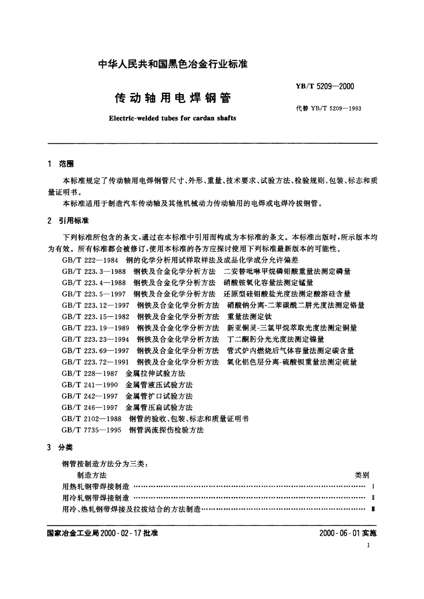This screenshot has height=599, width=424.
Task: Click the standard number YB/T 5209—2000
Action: pyautogui.click(x=325, y=86)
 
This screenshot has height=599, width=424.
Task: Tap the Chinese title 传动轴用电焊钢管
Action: pyautogui.click(x=173, y=98)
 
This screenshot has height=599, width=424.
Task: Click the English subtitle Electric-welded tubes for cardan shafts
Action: pyautogui.click(x=173, y=118)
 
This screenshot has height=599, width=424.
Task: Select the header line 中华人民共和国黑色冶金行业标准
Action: pyautogui.click(x=173, y=64)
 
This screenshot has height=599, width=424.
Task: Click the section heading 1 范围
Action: pyautogui.click(x=61, y=164)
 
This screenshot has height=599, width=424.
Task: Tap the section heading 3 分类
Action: pyautogui.click(x=61, y=447)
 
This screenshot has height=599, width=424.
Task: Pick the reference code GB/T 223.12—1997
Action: pyautogui.click(x=95, y=305)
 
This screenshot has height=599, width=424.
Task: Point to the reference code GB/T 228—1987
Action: pyautogui.click(x=90, y=373)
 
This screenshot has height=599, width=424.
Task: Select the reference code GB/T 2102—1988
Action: pyautogui.click(x=91, y=419)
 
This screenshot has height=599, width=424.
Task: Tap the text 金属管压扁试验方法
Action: pyautogui.click(x=159, y=407)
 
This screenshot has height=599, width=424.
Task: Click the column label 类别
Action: pyautogui.click(x=362, y=475)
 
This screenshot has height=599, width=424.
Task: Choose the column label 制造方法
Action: pyautogui.click(x=92, y=475)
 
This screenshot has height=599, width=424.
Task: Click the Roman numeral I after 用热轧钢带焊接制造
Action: pyautogui.click(x=372, y=487)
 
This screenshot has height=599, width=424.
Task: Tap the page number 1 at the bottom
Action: pyautogui.click(x=368, y=545)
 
